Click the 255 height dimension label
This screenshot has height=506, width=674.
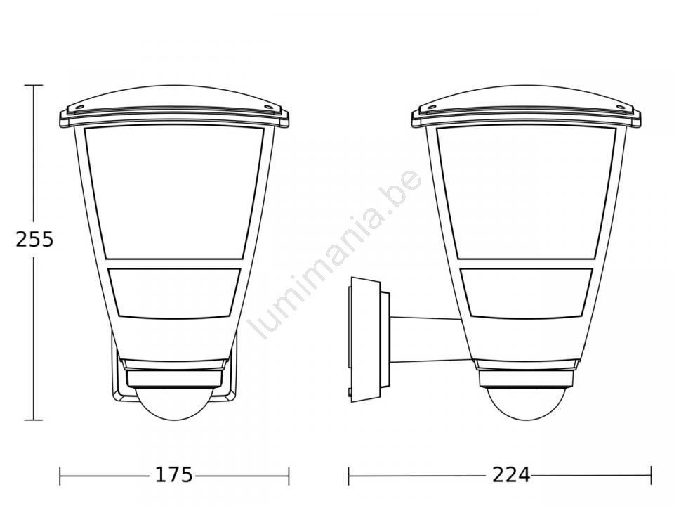(34, 239)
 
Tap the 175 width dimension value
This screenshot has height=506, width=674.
(173, 475)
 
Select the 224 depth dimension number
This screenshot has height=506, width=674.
(511, 475)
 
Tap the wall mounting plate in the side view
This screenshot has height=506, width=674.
(364, 339)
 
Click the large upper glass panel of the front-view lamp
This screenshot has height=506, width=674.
(173, 192)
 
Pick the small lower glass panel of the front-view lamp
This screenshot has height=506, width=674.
(174, 294)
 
